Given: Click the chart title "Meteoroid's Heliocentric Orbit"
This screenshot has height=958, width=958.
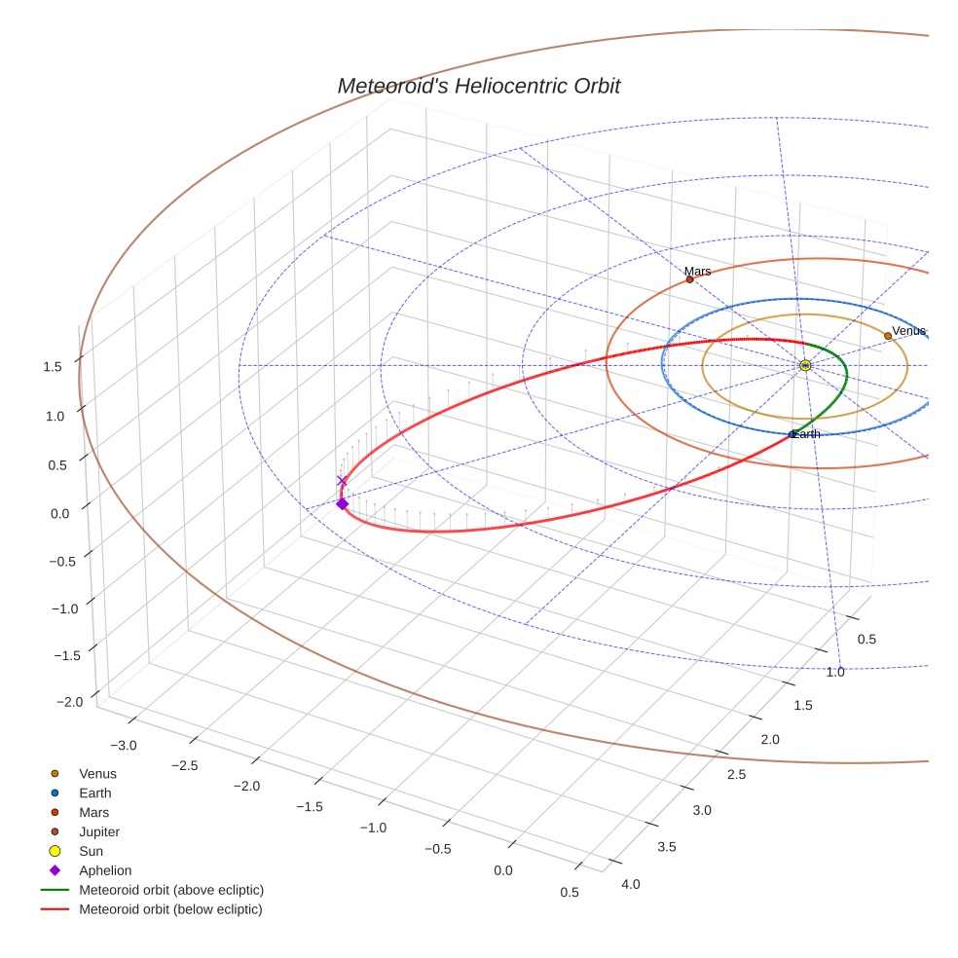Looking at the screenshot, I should tap(478, 86).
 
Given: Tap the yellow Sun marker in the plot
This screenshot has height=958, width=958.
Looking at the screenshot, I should tap(805, 365).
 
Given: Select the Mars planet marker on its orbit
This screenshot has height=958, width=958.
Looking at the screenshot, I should tap(690, 279).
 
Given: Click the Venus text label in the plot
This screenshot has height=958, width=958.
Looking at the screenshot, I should tap(908, 331).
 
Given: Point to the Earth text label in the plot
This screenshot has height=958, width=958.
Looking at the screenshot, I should tap(806, 434).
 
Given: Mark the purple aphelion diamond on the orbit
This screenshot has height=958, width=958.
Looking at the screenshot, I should tap(342, 503).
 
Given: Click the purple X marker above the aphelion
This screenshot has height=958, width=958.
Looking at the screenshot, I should tap(342, 481).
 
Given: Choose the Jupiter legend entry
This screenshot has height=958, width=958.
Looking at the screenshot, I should tap(99, 831).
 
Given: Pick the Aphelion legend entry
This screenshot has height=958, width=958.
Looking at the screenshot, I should tap(105, 870).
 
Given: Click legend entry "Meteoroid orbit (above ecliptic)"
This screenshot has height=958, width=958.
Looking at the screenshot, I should tap(171, 890).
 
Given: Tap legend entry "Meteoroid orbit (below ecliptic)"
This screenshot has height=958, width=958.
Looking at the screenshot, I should tap(170, 909).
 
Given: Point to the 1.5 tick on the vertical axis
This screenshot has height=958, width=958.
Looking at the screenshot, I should tap(53, 366).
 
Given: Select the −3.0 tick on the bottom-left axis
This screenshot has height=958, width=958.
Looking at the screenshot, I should tap(124, 745).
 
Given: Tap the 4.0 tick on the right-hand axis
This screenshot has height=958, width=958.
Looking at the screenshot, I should tap(631, 884).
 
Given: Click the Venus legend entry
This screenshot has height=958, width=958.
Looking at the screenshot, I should tap(97, 774).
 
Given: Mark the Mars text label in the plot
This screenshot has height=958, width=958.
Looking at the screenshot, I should tap(697, 272).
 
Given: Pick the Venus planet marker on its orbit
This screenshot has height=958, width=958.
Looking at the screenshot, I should tap(888, 336).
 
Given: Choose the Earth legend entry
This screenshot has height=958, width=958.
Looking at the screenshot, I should tap(95, 793).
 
